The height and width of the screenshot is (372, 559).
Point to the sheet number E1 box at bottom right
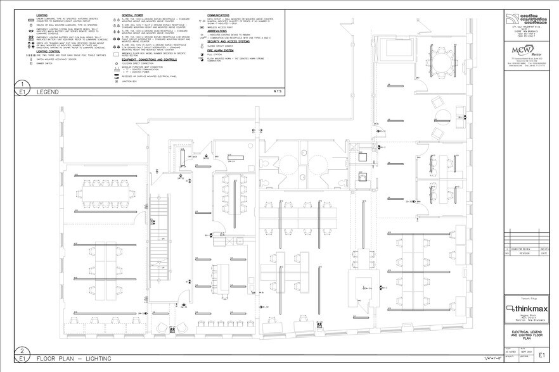point(546,355)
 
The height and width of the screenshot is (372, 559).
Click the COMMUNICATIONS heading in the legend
point(222,13)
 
